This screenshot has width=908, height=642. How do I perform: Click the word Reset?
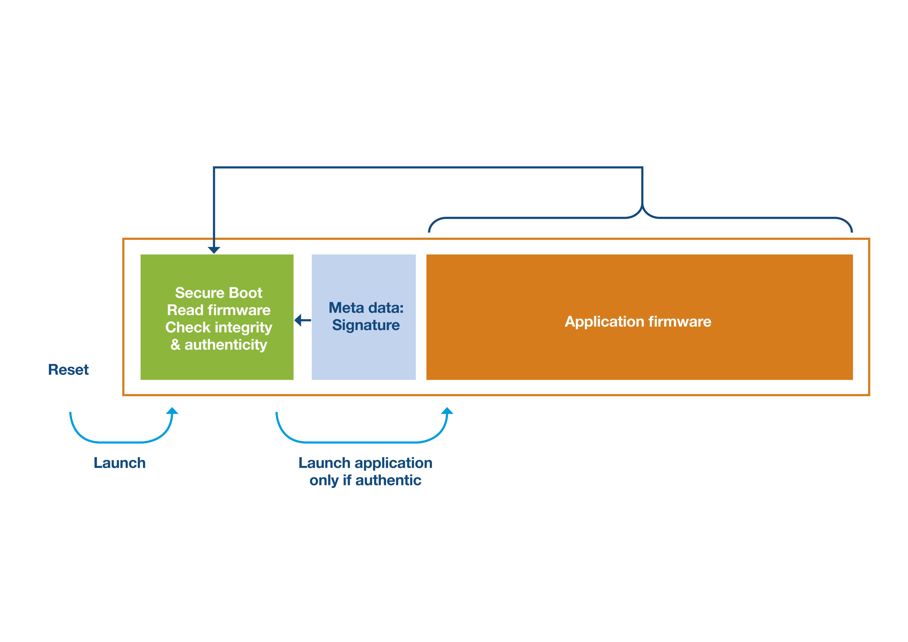click(x=68, y=370)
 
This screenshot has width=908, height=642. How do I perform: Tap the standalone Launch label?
click(x=119, y=463)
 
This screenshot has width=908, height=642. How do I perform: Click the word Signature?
click(x=366, y=325)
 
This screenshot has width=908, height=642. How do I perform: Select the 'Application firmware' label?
click(x=638, y=322)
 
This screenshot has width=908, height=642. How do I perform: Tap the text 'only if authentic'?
click(x=365, y=480)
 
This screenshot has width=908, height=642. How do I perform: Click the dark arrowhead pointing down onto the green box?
click(x=214, y=250)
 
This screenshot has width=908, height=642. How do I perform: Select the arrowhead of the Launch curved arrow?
click(x=172, y=411)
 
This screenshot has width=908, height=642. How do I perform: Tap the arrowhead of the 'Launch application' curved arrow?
click(x=447, y=411)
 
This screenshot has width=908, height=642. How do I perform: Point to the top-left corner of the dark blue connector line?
click(x=214, y=167)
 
